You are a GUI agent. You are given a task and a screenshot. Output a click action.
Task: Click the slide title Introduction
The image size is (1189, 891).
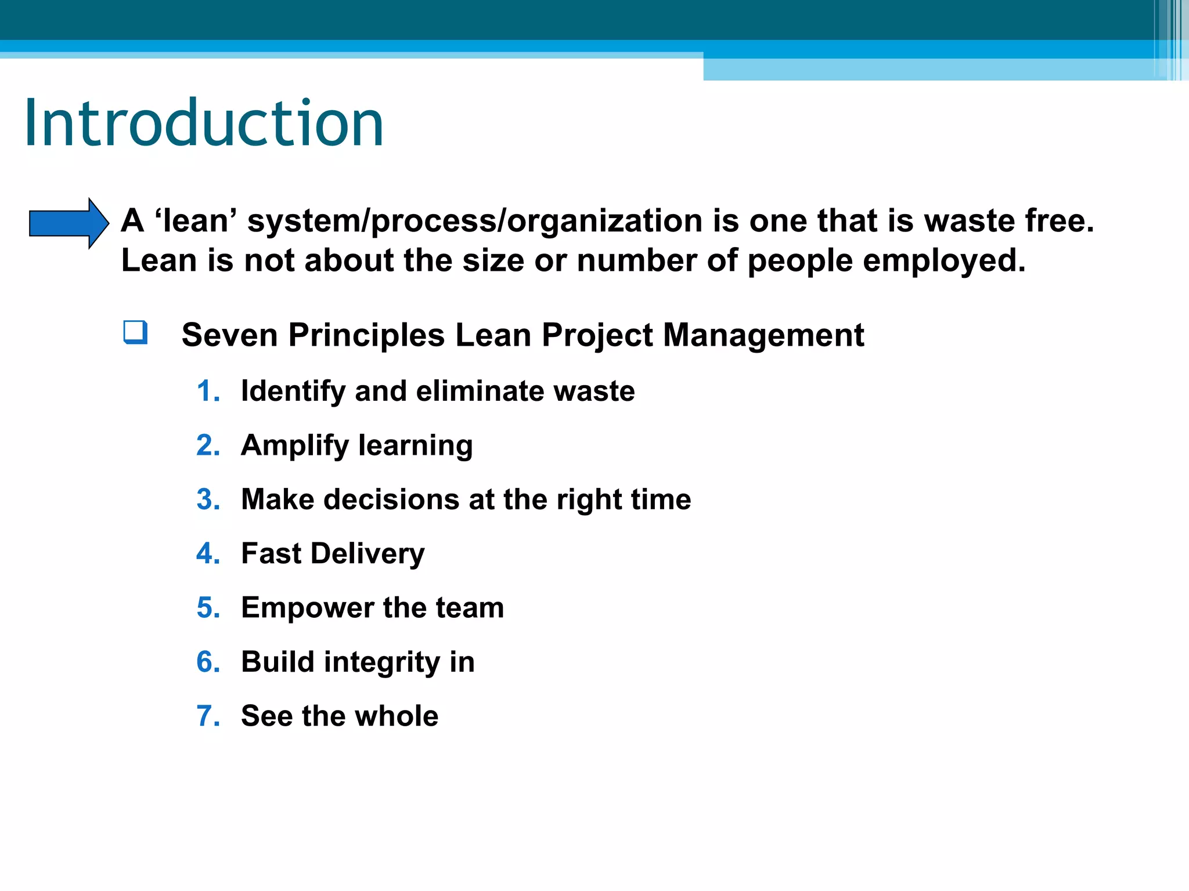click(x=203, y=124)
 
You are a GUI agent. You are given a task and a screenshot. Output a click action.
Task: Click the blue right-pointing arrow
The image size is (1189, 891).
click(x=69, y=223)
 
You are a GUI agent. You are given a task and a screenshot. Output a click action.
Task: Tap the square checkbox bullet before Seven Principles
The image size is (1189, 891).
click(x=135, y=332)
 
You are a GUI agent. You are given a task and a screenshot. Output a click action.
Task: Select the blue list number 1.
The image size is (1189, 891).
click(x=207, y=391)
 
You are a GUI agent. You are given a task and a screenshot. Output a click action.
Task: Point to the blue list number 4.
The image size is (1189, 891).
click(x=207, y=553)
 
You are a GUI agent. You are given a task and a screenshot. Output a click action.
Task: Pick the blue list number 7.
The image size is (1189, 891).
click(x=207, y=716)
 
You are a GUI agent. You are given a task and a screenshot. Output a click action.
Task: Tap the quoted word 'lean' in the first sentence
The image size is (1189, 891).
click(x=196, y=221)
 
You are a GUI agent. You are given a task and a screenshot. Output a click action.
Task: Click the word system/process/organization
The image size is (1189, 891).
click(x=475, y=221)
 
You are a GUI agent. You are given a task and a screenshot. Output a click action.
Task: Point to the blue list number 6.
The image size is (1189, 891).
click(x=207, y=662)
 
